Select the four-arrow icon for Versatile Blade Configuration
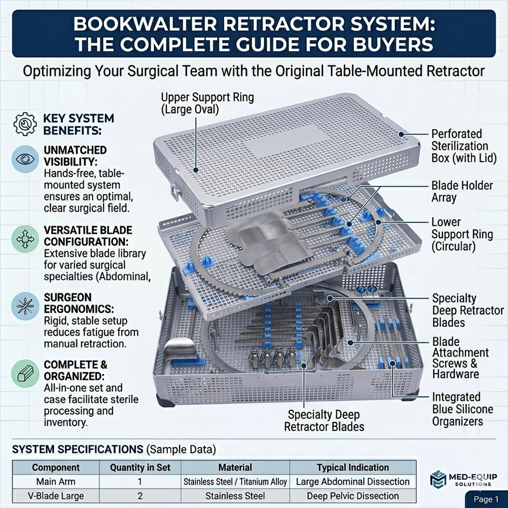pos(24,240)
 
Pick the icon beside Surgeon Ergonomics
pos(24,306)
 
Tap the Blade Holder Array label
pos(462,191)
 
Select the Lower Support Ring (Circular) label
pos(462,234)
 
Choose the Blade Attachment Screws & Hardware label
pos(461,357)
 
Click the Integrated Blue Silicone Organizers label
pos(462,409)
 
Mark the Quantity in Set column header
pos(140,467)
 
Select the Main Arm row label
pos(55,481)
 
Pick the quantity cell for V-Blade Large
pos(140,495)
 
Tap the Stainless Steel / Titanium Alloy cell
pos(236,481)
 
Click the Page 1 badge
pos(486,499)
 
